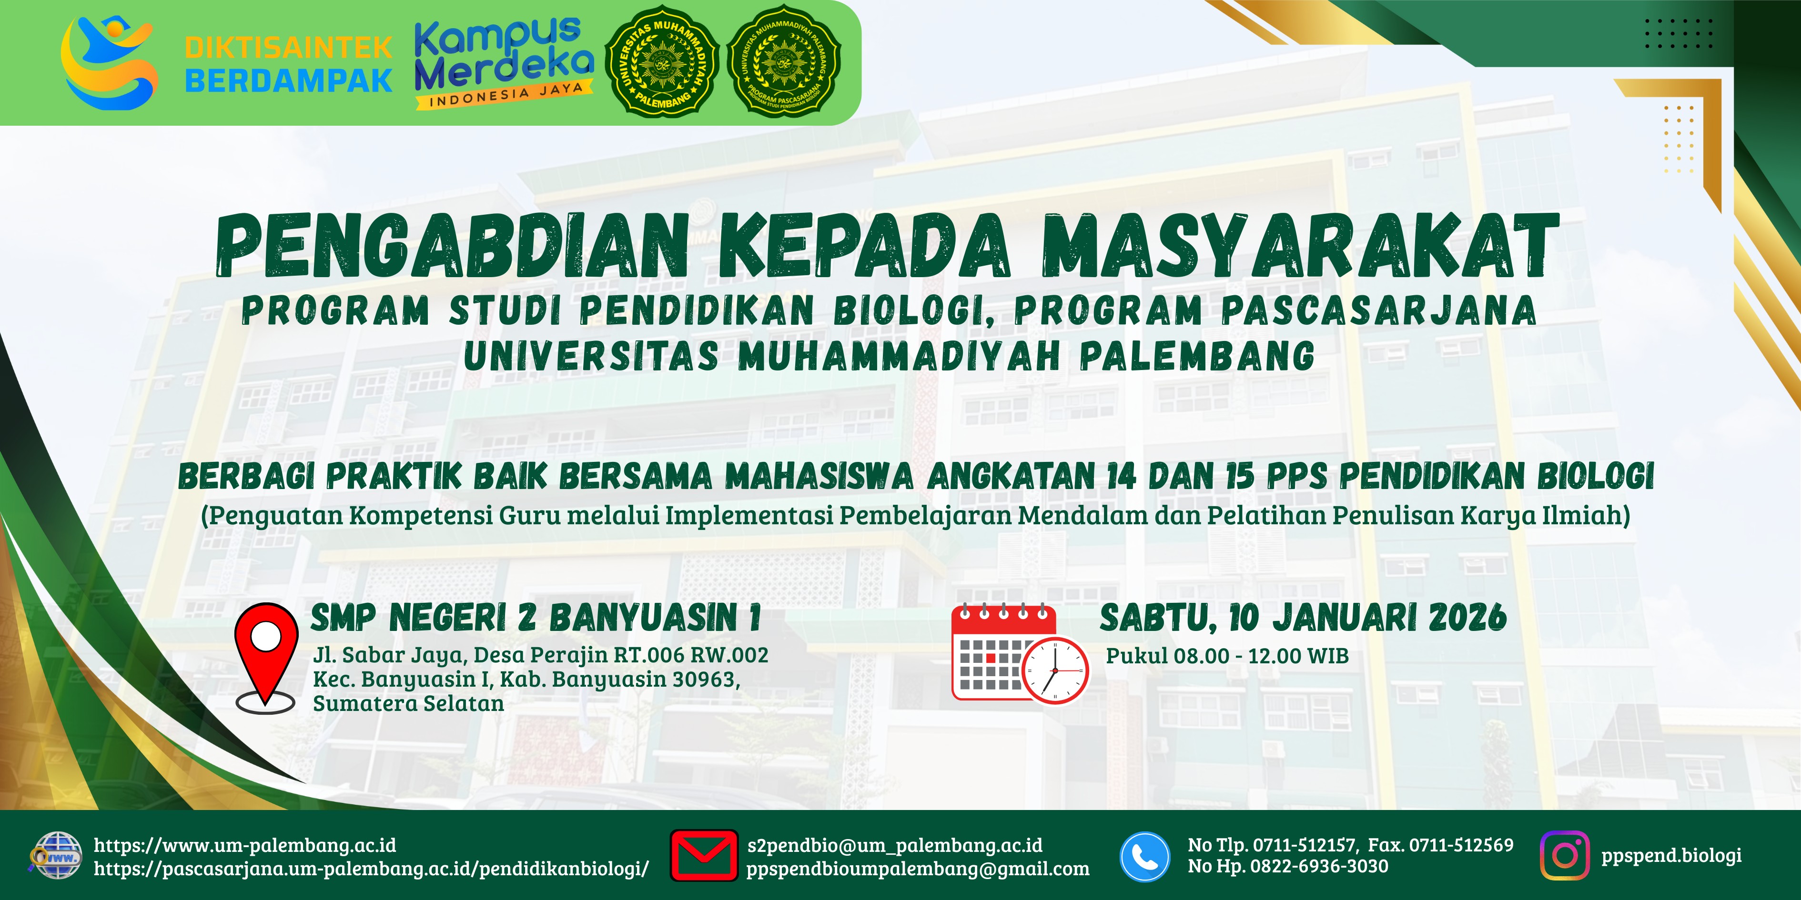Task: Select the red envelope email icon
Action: (703, 855)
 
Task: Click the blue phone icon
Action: (1144, 857)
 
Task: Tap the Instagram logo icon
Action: (1564, 855)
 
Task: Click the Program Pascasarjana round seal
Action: (784, 61)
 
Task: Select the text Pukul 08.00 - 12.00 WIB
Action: (1227, 656)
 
